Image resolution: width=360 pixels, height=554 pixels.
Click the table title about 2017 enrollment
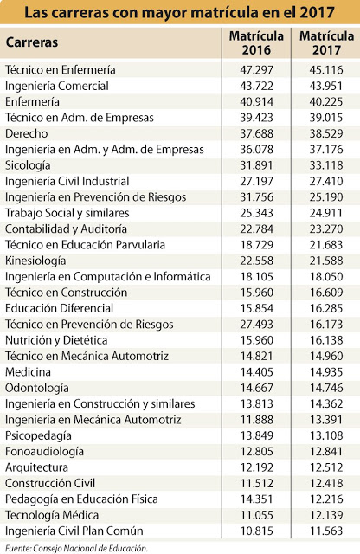[x=179, y=13]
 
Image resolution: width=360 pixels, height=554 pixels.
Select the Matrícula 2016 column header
[x=256, y=42]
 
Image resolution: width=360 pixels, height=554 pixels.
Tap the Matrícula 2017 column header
[x=326, y=42]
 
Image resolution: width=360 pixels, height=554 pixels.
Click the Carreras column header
[x=32, y=42]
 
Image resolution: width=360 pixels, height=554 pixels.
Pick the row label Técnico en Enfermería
[x=61, y=69]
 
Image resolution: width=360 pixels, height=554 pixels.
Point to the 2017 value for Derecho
[x=326, y=133]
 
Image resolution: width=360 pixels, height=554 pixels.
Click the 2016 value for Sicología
[x=256, y=165]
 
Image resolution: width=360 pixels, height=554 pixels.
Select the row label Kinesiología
[x=35, y=261]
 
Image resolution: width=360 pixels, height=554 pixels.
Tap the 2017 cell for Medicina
[x=326, y=372]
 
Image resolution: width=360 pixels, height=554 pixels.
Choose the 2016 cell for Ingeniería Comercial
[x=256, y=86]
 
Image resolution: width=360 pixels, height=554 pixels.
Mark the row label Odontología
[x=37, y=388]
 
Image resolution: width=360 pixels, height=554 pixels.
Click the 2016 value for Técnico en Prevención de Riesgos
[x=256, y=325]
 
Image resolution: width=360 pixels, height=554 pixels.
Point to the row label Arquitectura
[x=36, y=467]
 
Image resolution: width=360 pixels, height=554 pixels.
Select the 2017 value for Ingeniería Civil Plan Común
[x=326, y=531]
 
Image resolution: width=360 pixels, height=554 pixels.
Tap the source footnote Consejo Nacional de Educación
[x=76, y=548]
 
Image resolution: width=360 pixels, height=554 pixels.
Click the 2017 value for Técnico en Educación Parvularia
[x=326, y=245]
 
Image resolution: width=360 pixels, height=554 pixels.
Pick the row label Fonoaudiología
[x=44, y=452]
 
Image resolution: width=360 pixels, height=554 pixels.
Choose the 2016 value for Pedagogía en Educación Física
[x=256, y=499]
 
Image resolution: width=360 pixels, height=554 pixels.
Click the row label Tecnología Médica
[x=52, y=515]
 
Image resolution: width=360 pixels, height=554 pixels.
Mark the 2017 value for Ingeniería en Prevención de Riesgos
[x=326, y=197]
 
